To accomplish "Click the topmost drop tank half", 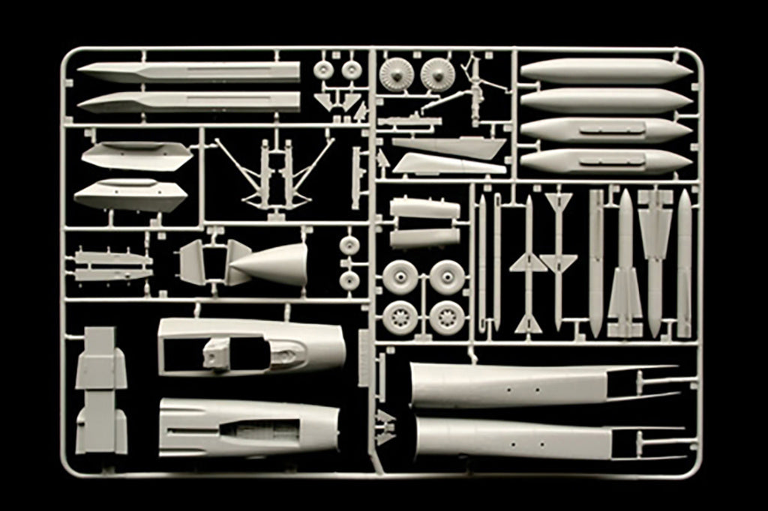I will (x=606, y=71).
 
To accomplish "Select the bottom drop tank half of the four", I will (x=606, y=160).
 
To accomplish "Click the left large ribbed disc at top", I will (x=395, y=73).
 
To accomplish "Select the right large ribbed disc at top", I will (x=437, y=73).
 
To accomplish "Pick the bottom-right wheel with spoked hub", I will (x=446, y=317).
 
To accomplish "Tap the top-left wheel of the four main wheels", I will (x=400, y=276).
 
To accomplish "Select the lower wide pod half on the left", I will (x=130, y=196).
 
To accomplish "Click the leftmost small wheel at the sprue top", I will (x=323, y=70).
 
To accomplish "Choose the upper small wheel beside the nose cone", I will (x=349, y=245).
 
